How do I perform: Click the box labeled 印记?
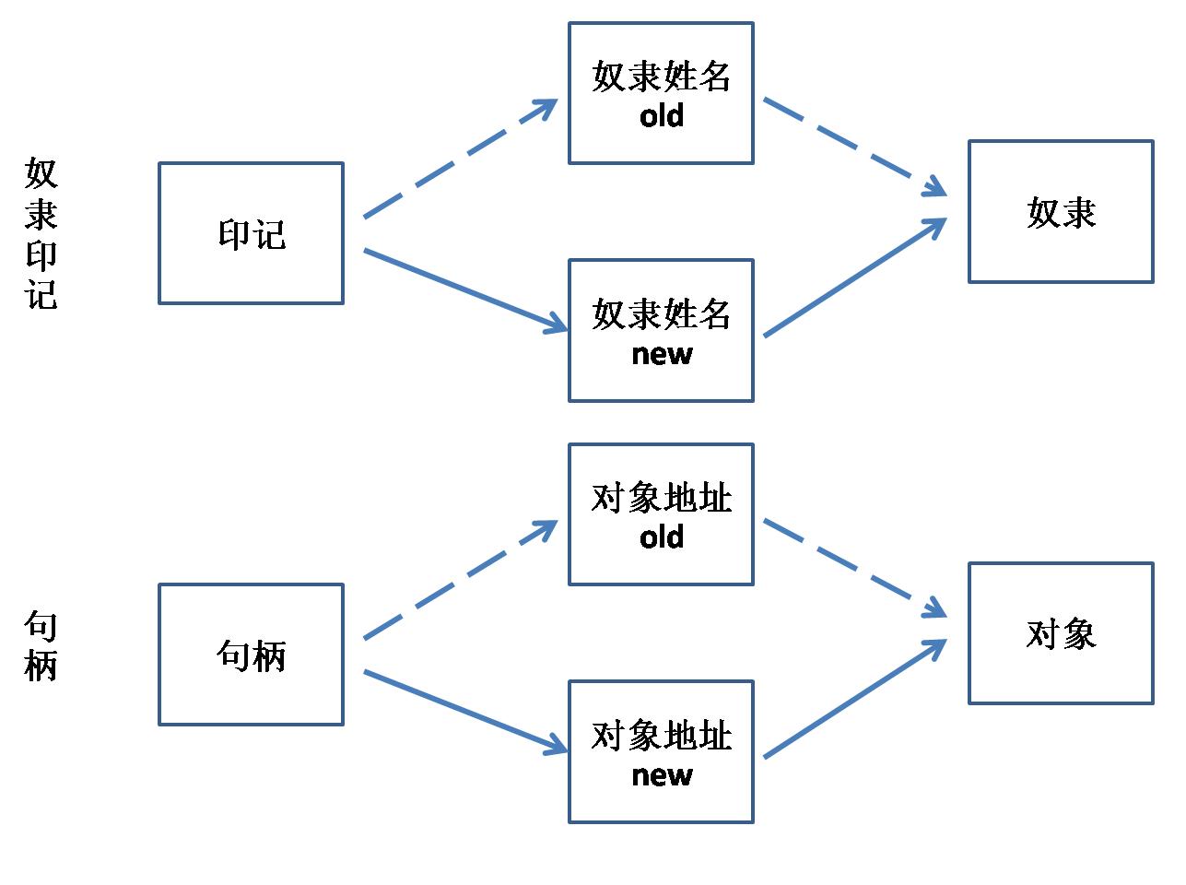251,233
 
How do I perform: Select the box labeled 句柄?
251,655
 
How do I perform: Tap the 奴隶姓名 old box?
661,93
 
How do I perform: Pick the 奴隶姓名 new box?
661,330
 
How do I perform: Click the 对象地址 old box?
661,514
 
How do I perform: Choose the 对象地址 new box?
661,751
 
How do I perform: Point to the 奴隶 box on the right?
1060,212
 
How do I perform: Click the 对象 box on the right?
1060,633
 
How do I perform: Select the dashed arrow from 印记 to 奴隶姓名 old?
461,159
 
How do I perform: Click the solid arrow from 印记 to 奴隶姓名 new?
465,290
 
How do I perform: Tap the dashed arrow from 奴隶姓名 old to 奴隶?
855,147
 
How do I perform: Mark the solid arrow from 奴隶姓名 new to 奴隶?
855,277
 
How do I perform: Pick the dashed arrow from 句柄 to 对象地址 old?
461,580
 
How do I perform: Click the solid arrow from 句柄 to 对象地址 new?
465,712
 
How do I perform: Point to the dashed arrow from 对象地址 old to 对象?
855,568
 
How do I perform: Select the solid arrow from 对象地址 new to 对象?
855,699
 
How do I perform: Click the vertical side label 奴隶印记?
41,233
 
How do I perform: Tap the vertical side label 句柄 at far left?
41,646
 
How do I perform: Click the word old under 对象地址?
662,537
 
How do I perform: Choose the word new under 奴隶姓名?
662,354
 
